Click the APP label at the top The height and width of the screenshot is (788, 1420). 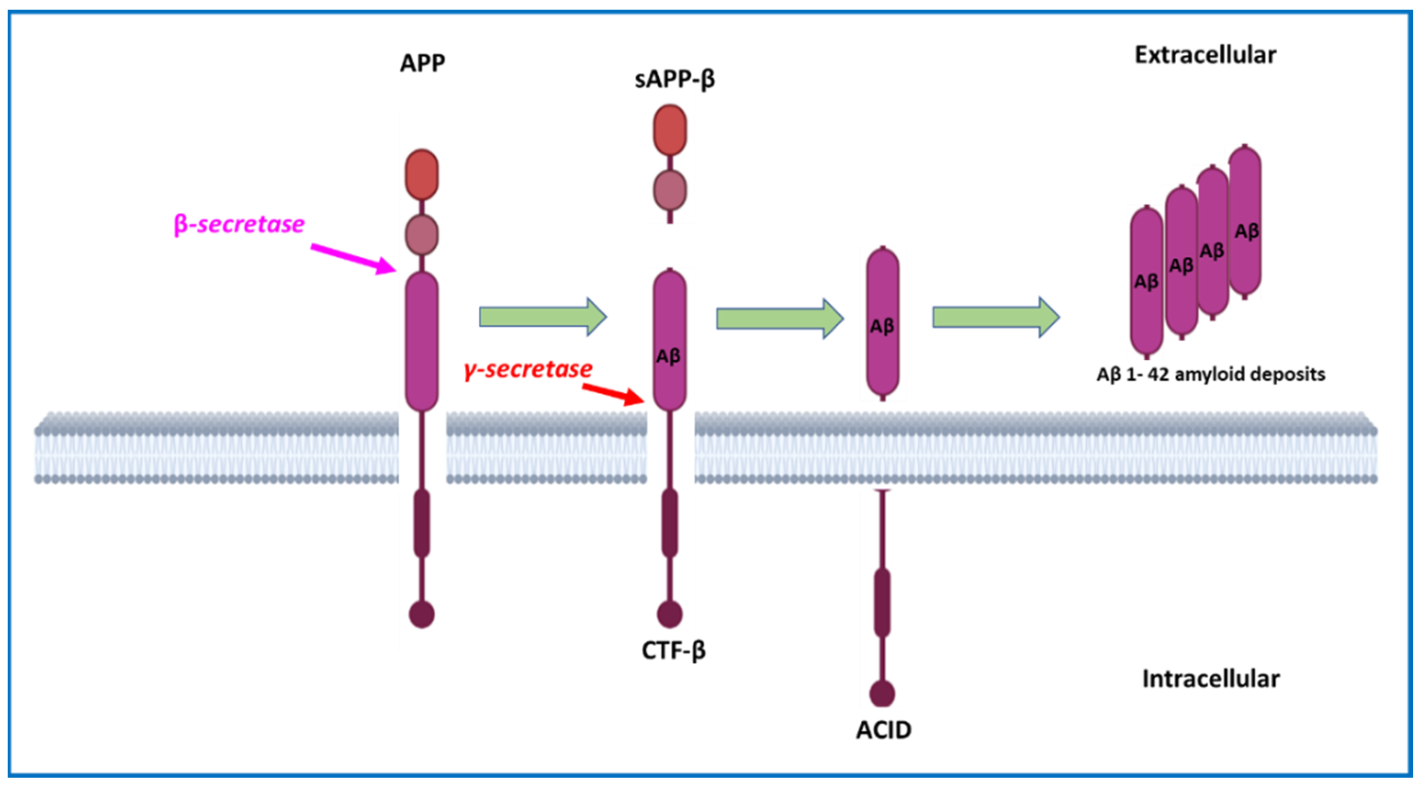(422, 63)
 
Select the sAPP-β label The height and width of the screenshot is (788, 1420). (675, 79)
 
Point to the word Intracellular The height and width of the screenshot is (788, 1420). (1211, 679)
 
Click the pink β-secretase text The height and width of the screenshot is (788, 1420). (239, 225)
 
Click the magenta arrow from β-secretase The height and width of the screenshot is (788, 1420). (353, 259)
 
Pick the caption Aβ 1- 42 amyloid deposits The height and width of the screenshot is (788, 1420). (1211, 374)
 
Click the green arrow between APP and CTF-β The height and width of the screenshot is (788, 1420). (543, 317)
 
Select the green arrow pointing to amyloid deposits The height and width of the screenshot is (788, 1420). (996, 317)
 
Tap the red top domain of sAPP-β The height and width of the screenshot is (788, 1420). (670, 130)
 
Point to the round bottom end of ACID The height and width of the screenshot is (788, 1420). (882, 694)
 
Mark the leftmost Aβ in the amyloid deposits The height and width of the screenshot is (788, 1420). (1146, 281)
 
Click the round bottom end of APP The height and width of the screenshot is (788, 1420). (422, 615)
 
